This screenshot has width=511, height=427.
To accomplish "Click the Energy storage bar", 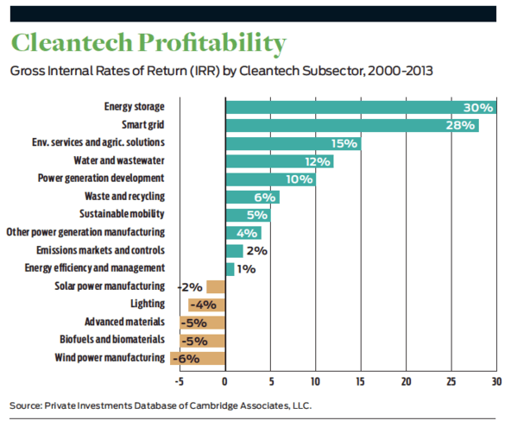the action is pyautogui.click(x=361, y=108).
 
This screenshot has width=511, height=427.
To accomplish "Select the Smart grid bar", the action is pyautogui.click(x=352, y=125).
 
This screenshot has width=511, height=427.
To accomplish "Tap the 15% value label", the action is pyautogui.click(x=344, y=144).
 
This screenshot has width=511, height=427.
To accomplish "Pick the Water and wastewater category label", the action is pyautogui.click(x=119, y=160).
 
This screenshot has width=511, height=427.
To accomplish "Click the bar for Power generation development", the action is pyautogui.click(x=270, y=179).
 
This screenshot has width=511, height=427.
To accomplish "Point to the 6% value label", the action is pyautogui.click(x=265, y=198).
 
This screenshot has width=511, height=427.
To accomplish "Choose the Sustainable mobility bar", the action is pyautogui.click(x=248, y=216).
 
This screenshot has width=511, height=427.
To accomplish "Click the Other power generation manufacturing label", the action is pyautogui.click(x=85, y=232).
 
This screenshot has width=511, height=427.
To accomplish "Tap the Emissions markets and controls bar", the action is pyautogui.click(x=234, y=251).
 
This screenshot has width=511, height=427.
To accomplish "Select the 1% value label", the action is pyautogui.click(x=246, y=269).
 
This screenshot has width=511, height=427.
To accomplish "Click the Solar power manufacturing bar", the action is pyautogui.click(x=216, y=287).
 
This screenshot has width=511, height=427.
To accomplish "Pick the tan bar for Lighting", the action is pyautogui.click(x=206, y=305).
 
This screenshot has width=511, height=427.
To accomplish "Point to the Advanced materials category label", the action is pyautogui.click(x=124, y=322).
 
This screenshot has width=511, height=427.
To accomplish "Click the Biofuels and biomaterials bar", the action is pyautogui.click(x=202, y=341).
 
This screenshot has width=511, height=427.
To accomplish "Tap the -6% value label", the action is pyautogui.click(x=186, y=359).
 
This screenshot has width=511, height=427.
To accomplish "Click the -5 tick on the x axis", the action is pyautogui.click(x=180, y=381).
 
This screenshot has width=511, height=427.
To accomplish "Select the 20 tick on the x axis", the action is pyautogui.click(x=406, y=381).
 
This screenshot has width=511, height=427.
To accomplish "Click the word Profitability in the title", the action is pyautogui.click(x=211, y=43).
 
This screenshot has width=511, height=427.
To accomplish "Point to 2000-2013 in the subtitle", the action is pyautogui.click(x=401, y=71).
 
